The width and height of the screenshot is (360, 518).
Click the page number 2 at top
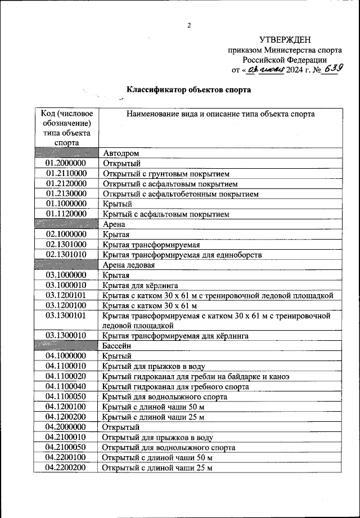pyautogui.click(x=189, y=25)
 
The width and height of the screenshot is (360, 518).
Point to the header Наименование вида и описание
pyautogui.click(x=220, y=114)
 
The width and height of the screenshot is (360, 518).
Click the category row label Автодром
pyautogui.click(x=120, y=153)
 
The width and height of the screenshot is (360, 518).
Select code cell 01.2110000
pyautogui.click(x=66, y=173)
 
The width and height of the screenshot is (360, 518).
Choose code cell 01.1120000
pyautogui.click(x=66, y=214)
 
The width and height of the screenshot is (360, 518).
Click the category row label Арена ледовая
pyautogui.click(x=128, y=264)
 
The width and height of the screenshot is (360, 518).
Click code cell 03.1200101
pyautogui.click(x=66, y=295)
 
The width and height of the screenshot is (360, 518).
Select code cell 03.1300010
pyautogui.click(x=66, y=336)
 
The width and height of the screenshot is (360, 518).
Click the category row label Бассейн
pyautogui.click(x=116, y=346)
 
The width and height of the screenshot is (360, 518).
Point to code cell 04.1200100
pyautogui.click(x=66, y=407)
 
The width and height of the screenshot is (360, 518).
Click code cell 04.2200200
pyautogui.click(x=66, y=467)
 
